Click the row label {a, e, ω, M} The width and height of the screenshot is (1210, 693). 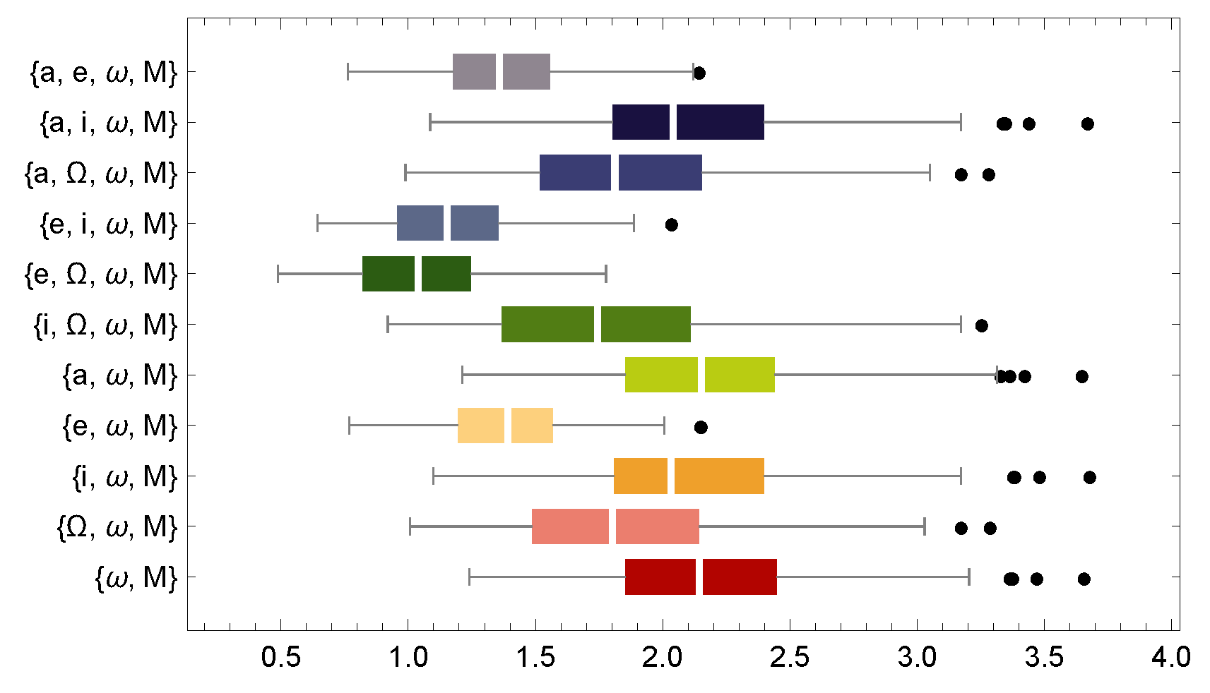tap(103, 72)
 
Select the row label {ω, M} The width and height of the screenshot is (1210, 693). tap(136, 578)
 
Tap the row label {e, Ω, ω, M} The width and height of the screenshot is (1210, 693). tap(100, 274)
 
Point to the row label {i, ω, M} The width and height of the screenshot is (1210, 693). tap(124, 477)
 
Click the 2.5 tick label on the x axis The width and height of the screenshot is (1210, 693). tap(790, 658)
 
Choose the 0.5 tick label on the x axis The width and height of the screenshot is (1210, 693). tap(280, 658)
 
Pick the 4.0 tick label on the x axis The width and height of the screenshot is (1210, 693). tap(1170, 658)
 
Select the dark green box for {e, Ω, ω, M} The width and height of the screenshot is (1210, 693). tap(417, 274)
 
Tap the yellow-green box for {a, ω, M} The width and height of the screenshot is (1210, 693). tap(700, 375)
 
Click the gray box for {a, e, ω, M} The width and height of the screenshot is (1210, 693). tap(502, 71)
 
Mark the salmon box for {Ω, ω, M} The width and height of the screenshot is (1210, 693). tap(615, 526)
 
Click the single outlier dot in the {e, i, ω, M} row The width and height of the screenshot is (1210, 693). tap(672, 224)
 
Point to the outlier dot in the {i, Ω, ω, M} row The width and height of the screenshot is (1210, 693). tap(981, 325)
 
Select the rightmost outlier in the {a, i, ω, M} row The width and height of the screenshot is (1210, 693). tap(1088, 124)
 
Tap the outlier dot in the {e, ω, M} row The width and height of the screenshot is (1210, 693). tap(701, 427)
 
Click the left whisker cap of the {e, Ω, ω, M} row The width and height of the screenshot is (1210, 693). tap(278, 274)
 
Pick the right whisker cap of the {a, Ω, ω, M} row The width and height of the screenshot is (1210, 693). tap(930, 172)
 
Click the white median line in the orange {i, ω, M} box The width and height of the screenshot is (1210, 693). tap(671, 476)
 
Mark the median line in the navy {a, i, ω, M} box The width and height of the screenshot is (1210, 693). tap(673, 122)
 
